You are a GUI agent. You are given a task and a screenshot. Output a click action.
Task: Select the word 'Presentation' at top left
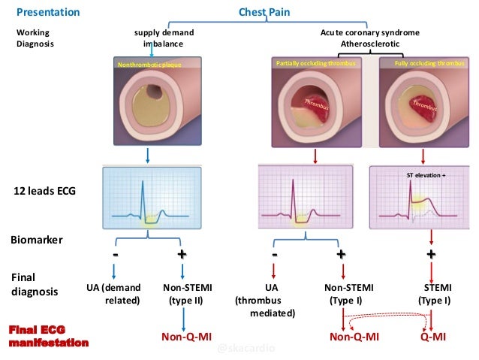click(48, 13)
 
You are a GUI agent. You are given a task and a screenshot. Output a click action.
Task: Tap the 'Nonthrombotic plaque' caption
click(148, 65)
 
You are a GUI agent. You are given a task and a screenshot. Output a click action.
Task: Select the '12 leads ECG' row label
click(44, 192)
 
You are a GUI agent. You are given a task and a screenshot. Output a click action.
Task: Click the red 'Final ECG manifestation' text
click(48, 337)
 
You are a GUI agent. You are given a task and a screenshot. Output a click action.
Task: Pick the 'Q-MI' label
click(434, 337)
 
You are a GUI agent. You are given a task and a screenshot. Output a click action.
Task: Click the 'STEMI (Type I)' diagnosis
click(434, 294)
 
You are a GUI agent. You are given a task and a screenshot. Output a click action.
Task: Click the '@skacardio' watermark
click(246, 349)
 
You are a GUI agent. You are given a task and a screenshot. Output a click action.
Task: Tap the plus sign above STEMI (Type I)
click(431, 254)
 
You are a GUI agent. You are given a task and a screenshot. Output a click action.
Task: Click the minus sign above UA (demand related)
click(116, 254)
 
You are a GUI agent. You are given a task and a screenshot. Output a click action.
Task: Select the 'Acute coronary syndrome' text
click(369, 34)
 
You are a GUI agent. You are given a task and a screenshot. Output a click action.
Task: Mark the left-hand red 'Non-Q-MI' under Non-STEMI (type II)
click(186, 337)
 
